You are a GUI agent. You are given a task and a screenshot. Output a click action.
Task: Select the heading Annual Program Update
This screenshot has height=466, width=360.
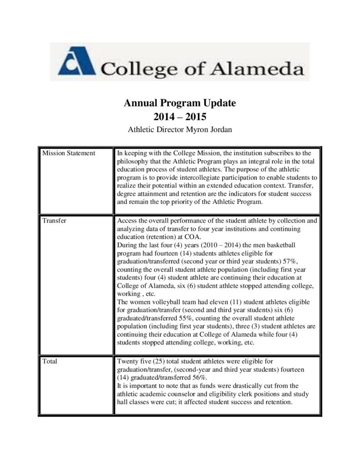(x=180, y=103)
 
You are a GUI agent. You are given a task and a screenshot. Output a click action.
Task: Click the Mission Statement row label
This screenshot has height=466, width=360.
(x=68, y=153)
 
